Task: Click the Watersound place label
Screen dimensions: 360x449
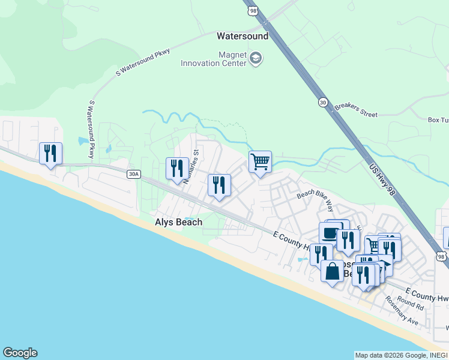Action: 243,36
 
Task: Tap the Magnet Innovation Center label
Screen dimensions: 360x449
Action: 214,59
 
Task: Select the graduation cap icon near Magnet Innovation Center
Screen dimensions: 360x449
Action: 256,59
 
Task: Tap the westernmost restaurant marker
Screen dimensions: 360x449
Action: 50,154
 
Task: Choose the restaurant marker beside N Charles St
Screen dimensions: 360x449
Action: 177,169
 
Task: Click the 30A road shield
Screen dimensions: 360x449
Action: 133,174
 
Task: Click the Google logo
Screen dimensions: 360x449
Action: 20,353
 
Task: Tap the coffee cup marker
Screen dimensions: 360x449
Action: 330,233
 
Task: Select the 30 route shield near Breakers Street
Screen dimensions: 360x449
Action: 323,103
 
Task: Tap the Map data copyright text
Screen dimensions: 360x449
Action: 401,355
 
